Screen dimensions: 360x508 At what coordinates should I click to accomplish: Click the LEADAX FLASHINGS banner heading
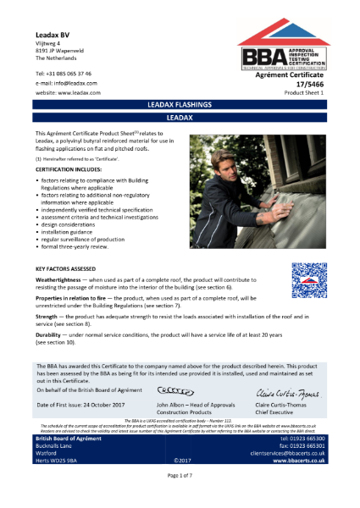pyautogui.click(x=179, y=103)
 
